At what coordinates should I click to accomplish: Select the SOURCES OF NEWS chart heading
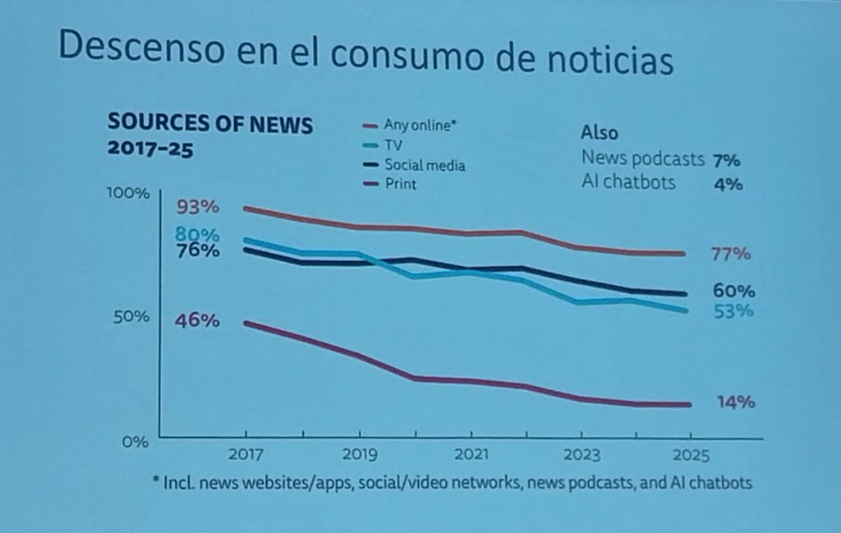(210, 125)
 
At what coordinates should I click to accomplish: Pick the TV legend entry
(394, 145)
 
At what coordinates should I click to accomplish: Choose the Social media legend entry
(425, 165)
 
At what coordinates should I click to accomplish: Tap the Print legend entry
(401, 184)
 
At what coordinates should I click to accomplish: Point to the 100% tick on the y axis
(129, 194)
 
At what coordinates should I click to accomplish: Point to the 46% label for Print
(197, 321)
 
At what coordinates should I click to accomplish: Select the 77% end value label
(730, 254)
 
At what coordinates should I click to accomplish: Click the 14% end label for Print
(734, 402)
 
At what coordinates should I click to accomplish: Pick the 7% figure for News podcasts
(728, 160)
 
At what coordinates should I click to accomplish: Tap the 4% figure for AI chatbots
(728, 184)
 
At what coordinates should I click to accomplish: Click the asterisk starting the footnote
(156, 481)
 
